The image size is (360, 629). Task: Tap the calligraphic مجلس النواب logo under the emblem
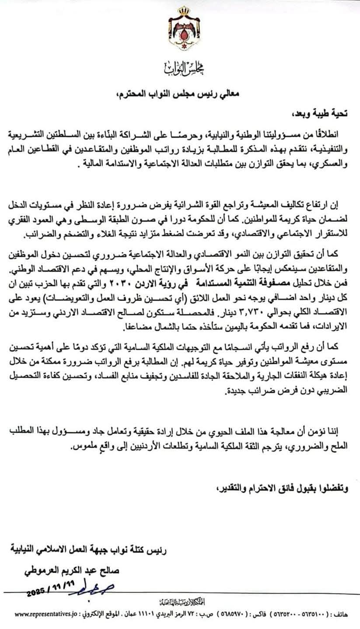click(x=179, y=68)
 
